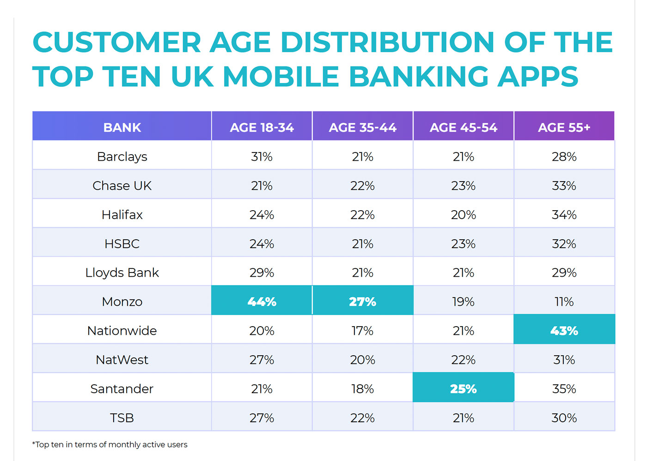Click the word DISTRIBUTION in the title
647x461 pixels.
point(387,42)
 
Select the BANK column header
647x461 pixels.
point(122,127)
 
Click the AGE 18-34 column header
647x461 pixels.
point(262,127)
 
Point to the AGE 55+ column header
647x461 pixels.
point(564,127)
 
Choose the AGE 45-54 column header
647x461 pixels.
point(463,127)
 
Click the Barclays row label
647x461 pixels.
point(122,157)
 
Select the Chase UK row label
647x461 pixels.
point(122,186)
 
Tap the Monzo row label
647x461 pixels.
point(122,302)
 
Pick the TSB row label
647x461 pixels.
point(122,418)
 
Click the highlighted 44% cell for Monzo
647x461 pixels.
point(262,302)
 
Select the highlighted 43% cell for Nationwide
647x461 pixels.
point(564,331)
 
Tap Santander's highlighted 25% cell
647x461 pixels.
point(463,389)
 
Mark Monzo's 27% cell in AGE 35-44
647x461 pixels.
point(362,302)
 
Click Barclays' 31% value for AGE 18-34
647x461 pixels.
point(262,157)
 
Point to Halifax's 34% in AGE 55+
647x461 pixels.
point(564,215)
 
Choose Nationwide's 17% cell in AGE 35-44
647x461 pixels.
point(362,331)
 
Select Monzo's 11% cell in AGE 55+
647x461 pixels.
point(564,302)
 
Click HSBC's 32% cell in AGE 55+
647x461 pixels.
point(564,244)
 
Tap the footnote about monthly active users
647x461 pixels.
point(110,444)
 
